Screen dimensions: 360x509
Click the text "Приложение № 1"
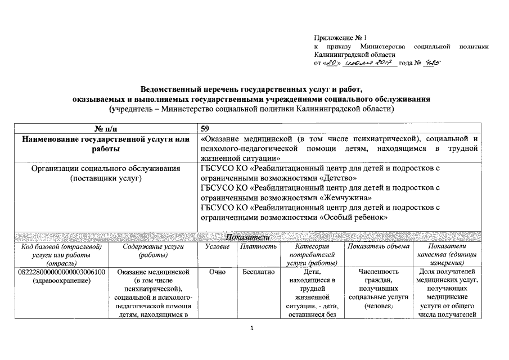340,38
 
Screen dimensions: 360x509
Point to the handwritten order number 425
431,64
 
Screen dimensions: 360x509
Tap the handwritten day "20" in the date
333,64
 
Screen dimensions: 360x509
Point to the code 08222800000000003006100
62,272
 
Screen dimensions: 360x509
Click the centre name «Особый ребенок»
354,218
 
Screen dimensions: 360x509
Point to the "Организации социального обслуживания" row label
106,168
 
